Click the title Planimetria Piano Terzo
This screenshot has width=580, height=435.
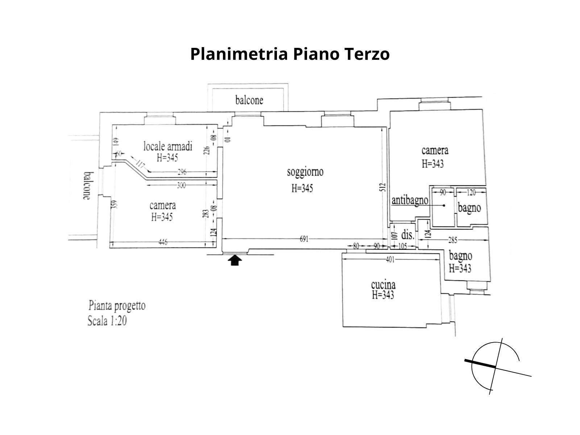point(290,54)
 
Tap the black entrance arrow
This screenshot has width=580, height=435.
point(235,260)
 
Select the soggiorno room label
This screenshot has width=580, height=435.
point(305,172)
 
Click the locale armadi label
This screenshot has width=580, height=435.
point(167,146)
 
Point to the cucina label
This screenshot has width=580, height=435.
point(383,285)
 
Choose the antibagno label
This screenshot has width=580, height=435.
point(410,200)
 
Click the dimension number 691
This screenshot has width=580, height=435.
point(304,239)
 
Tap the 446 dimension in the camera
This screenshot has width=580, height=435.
point(163,242)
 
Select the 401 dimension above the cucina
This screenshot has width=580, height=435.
point(390,259)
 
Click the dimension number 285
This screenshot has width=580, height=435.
point(453,240)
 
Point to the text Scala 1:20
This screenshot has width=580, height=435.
point(107,321)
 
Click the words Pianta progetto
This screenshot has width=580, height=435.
point(117,306)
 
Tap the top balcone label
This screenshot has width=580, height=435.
point(249,100)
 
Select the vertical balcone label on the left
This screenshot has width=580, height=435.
point(86,185)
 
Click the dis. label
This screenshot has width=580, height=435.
point(408,235)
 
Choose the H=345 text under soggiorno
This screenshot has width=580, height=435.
point(302,188)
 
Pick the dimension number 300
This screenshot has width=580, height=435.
point(181,185)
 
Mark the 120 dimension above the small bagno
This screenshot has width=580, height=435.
point(471,192)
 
